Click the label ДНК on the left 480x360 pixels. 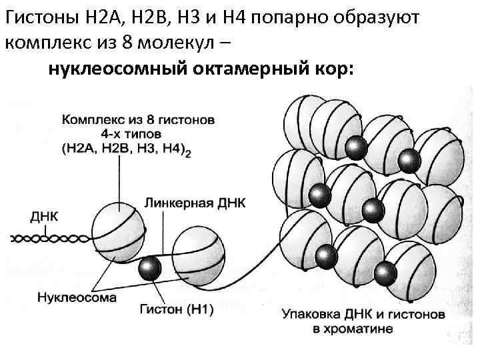click(45, 217)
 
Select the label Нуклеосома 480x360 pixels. click(77, 297)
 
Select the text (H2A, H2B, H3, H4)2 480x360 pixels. click(127, 150)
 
